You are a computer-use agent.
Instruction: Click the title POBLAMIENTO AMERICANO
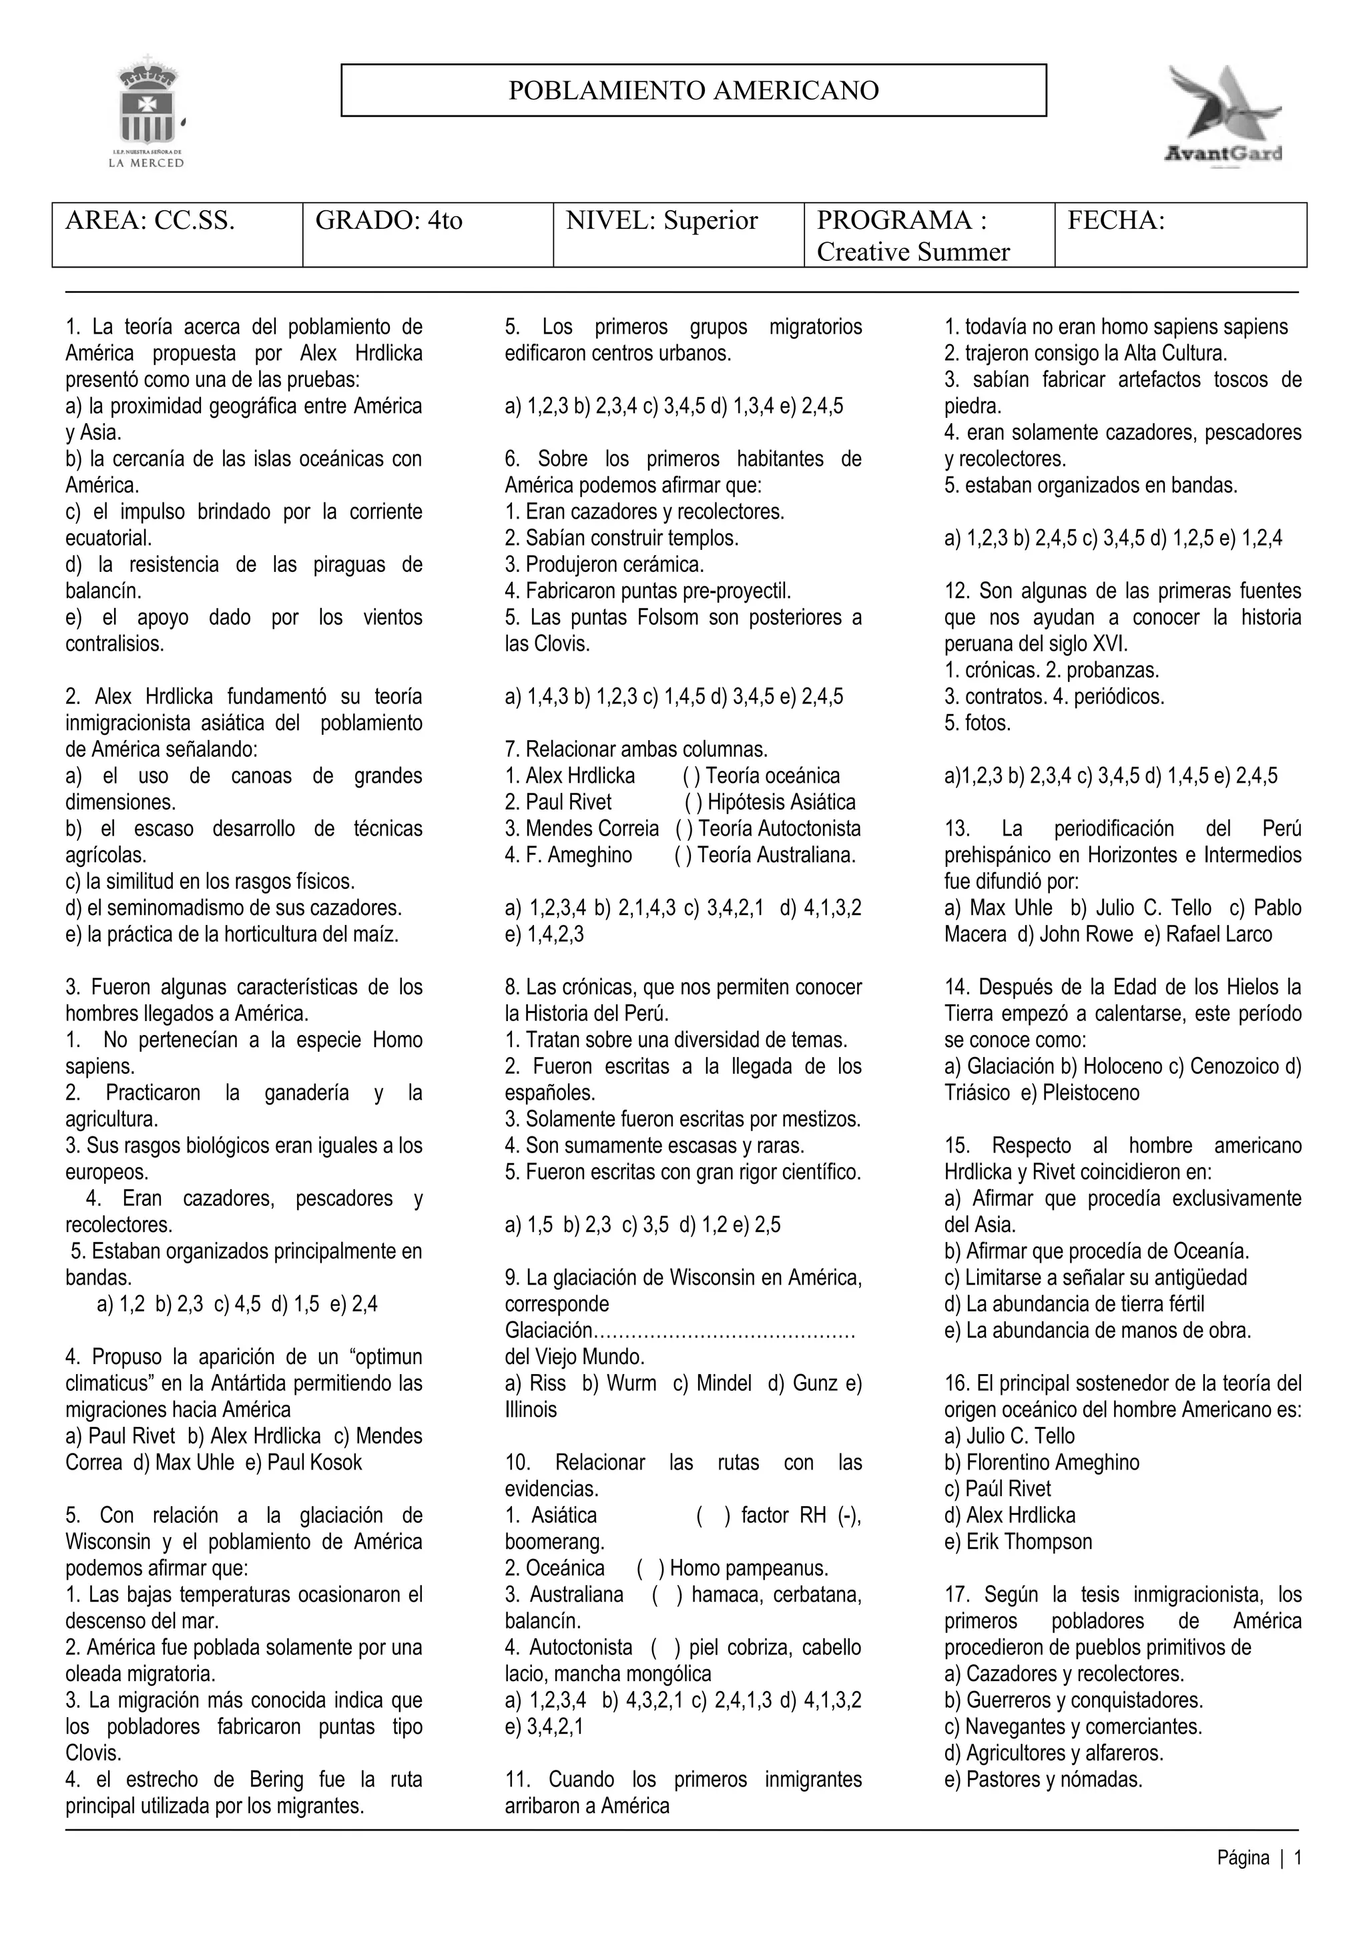(694, 90)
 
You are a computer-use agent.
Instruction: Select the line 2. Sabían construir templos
(621, 537)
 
